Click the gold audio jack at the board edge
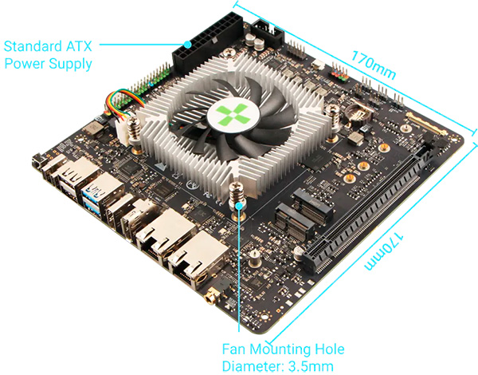(x=210, y=295)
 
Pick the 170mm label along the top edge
(x=374, y=65)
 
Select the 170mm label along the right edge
(x=384, y=251)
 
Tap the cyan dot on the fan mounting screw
(x=240, y=206)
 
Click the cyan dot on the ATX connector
(x=188, y=45)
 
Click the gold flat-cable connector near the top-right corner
(x=426, y=124)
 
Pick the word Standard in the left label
(x=33, y=46)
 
